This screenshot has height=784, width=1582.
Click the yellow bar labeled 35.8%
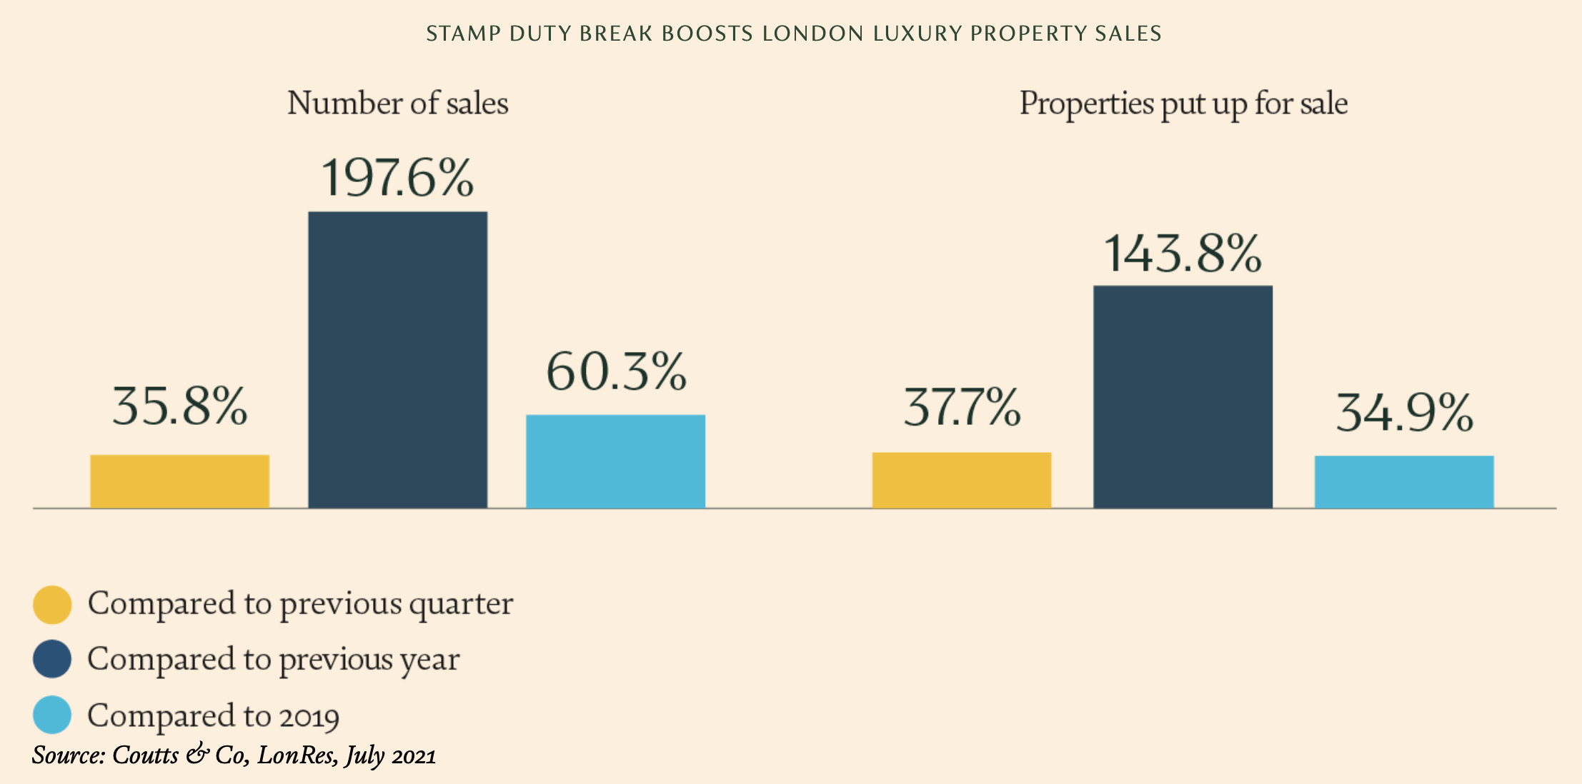[179, 481]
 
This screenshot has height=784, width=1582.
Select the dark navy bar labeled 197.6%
[397, 359]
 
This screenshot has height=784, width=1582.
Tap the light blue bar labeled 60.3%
[615, 461]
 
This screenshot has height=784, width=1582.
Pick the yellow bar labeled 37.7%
[961, 480]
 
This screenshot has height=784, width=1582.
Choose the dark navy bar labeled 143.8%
[1183, 397]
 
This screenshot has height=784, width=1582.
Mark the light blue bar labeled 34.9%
[1403, 482]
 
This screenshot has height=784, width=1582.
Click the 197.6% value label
[397, 178]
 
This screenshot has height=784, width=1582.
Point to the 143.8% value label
[1183, 253]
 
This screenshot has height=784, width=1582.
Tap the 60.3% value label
[616, 372]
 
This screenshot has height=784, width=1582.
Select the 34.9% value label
[1404, 413]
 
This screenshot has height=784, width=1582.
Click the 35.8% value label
[179, 407]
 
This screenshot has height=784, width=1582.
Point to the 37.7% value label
[962, 408]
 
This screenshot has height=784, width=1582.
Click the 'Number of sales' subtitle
[397, 104]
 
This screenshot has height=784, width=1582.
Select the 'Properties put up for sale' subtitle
[1183, 104]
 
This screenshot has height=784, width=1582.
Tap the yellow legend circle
[52, 605]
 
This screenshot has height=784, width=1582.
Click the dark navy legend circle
[52, 659]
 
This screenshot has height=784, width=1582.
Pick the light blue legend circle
[52, 715]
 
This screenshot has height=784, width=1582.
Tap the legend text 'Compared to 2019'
[213, 715]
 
